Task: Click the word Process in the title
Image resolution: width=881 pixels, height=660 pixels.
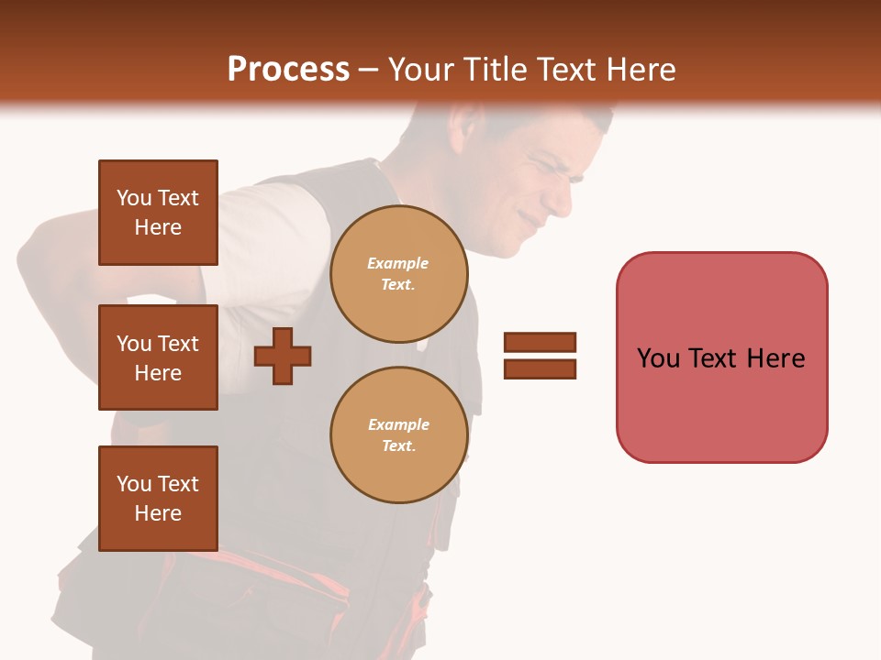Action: pyautogui.click(x=288, y=70)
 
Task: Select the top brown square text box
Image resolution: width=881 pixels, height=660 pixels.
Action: pyautogui.click(x=158, y=213)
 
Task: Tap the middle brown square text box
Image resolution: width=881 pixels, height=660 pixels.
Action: pyautogui.click(x=158, y=357)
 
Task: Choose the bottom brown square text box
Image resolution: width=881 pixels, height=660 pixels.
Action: pyautogui.click(x=158, y=498)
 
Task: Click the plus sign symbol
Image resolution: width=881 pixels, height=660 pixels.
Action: pyautogui.click(x=283, y=356)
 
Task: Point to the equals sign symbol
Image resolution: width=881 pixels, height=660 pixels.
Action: pyautogui.click(x=540, y=356)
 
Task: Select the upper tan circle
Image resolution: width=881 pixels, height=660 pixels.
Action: pyautogui.click(x=398, y=274)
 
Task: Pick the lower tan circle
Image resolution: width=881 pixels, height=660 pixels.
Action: pyautogui.click(x=398, y=435)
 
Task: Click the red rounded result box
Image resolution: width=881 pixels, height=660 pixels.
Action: pyautogui.click(x=721, y=357)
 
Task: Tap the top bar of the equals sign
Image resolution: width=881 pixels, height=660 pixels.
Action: pyautogui.click(x=540, y=342)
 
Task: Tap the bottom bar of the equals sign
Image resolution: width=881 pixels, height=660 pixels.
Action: pyautogui.click(x=540, y=369)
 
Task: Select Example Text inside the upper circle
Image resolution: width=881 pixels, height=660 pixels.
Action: pyautogui.click(x=398, y=274)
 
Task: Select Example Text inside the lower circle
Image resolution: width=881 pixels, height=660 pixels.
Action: pyautogui.click(x=398, y=435)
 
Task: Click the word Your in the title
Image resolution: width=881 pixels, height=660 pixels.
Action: pyautogui.click(x=420, y=70)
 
